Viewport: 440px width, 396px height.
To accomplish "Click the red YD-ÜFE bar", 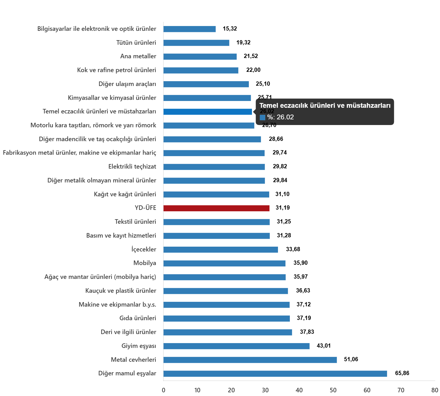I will [216, 208].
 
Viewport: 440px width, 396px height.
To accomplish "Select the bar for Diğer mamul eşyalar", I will [275, 374].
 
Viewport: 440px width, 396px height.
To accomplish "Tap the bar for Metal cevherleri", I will [250, 360].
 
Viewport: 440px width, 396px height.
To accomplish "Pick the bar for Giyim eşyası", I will [236, 346].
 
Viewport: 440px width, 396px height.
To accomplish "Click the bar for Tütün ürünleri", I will [196, 43].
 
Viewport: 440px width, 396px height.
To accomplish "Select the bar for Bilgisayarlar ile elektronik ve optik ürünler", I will [189, 29].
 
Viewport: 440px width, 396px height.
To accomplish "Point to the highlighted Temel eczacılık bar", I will [208, 112].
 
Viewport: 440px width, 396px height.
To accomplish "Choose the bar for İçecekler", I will [221, 250].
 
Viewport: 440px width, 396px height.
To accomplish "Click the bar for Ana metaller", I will [200, 57].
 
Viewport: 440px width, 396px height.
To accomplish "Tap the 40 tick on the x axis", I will [299, 390].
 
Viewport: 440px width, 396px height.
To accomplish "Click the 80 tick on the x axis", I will [435, 390].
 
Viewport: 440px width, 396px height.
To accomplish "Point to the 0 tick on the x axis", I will [163, 390].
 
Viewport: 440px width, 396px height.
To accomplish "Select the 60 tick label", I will [367, 390].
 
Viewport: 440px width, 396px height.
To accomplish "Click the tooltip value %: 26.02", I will [281, 117].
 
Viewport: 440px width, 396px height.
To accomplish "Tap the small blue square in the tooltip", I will [262, 117].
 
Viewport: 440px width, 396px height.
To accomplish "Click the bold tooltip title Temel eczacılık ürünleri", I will [325, 106].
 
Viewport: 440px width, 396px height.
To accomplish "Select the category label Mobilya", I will [145, 263].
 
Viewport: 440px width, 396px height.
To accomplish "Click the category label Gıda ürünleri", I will [138, 318].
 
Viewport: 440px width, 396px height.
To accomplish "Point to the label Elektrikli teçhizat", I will [132, 167].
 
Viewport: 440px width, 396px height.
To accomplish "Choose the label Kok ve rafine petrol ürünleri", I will [117, 70].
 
